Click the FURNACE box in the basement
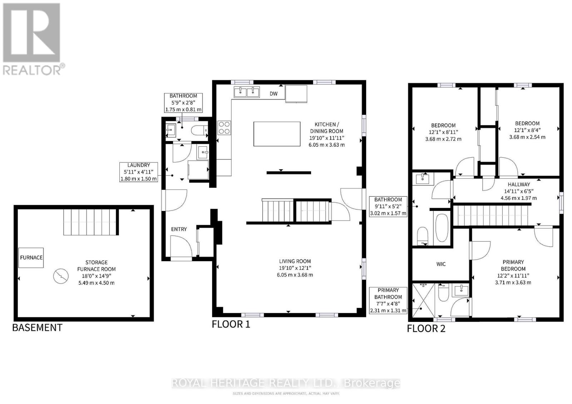(x=31, y=257)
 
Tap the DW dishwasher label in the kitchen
(x=273, y=94)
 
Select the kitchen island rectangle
(x=277, y=134)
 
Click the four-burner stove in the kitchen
(x=224, y=128)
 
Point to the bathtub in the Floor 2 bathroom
(x=442, y=228)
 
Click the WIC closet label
(x=441, y=264)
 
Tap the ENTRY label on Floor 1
(x=179, y=229)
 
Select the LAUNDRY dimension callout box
(x=139, y=172)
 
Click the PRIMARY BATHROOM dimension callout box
(x=388, y=300)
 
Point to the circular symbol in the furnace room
(x=60, y=276)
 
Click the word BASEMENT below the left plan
(x=37, y=327)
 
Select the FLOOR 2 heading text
(x=426, y=328)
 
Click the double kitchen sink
(x=247, y=92)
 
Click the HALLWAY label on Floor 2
(x=519, y=185)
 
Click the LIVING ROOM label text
(x=295, y=261)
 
